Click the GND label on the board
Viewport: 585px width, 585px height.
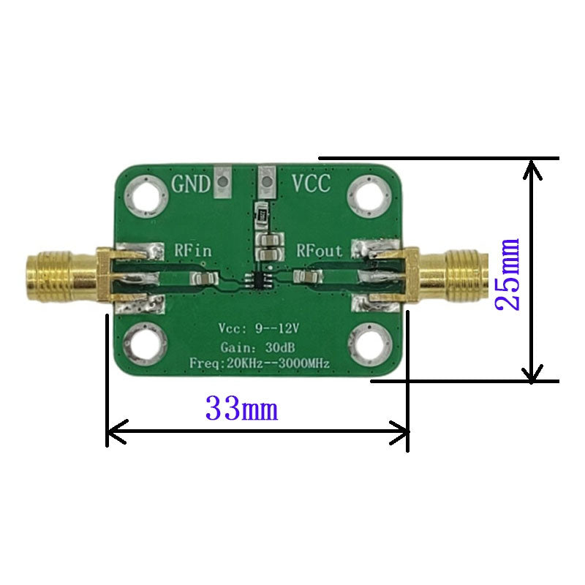(x=191, y=184)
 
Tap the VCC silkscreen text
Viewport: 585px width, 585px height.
(x=312, y=184)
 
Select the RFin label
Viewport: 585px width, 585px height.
(x=193, y=250)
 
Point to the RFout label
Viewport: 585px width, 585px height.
(x=320, y=250)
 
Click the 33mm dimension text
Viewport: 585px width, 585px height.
(x=242, y=408)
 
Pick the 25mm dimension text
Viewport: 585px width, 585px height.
(x=507, y=274)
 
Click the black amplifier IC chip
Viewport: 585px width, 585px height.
(x=259, y=280)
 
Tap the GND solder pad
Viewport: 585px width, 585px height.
(x=223, y=182)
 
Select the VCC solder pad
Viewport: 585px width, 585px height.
(x=267, y=182)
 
